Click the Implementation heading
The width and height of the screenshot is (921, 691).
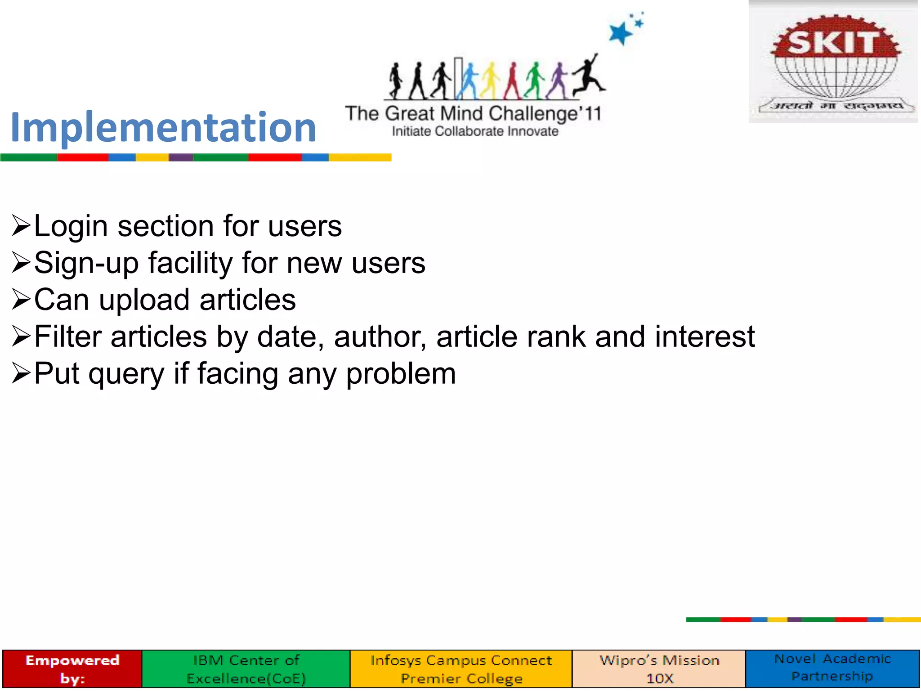click(163, 127)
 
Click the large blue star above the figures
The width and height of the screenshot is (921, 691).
click(620, 33)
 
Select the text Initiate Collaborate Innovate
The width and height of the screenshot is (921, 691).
click(475, 131)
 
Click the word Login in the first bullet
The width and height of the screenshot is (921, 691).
click(71, 226)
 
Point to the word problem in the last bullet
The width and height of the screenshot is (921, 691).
click(401, 374)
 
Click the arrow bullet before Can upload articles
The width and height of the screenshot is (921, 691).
click(21, 300)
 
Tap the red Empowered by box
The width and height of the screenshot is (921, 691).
click(72, 669)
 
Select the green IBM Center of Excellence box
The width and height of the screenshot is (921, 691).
click(246, 669)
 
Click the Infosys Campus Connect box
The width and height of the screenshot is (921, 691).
click(461, 669)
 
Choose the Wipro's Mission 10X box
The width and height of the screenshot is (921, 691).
click(659, 669)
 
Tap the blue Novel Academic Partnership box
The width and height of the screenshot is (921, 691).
click(832, 668)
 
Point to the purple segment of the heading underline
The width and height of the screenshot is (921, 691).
click(181, 157)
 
